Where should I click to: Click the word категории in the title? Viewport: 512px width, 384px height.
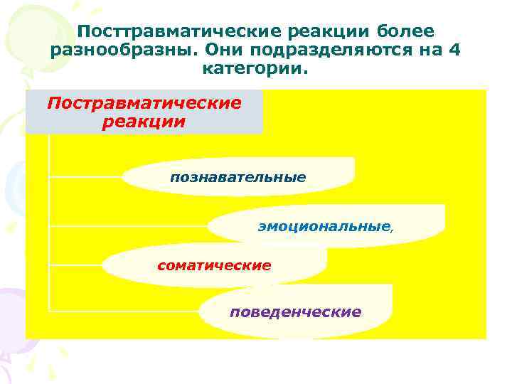pos(256,70)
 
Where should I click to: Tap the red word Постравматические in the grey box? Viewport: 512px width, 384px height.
pos(144,103)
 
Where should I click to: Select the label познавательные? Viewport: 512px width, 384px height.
pos(238,176)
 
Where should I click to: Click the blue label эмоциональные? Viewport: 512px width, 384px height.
pos(324,227)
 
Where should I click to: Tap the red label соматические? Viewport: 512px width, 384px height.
pos(214,266)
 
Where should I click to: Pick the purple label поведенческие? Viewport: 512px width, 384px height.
pos(295,312)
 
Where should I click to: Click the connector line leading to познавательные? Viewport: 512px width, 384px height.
pos(85,175)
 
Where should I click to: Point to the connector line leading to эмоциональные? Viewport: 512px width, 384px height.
pos(128,226)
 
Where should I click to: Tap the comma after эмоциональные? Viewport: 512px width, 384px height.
pos(390,230)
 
